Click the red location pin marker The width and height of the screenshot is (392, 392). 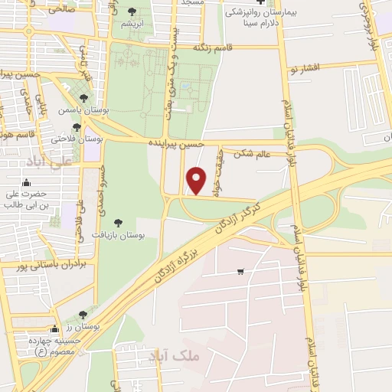(198, 180)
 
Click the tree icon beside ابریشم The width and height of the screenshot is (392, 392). (132, 11)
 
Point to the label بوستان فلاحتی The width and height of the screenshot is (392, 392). (77, 139)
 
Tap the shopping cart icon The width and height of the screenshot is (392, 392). (241, 272)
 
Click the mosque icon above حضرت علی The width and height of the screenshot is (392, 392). (27, 181)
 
